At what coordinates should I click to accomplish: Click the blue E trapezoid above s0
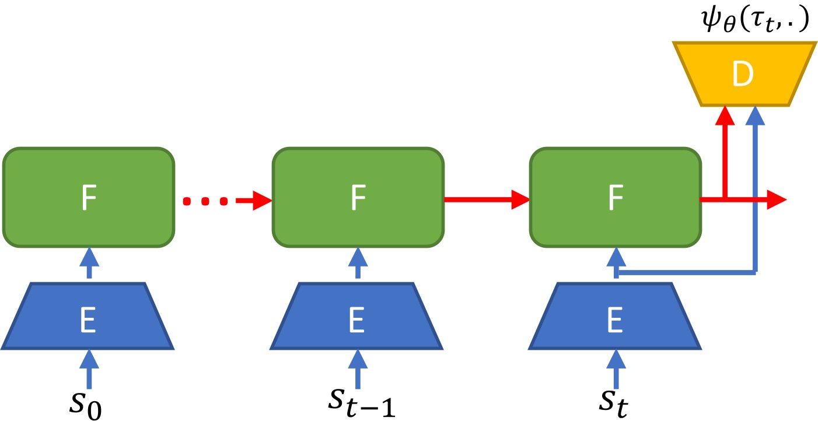[88, 317]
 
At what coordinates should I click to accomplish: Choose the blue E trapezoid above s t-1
[357, 317]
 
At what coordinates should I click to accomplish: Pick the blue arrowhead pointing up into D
[756, 117]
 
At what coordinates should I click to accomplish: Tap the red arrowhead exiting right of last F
[776, 199]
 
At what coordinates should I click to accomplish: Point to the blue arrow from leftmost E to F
[88, 264]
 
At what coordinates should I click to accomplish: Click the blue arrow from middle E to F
[357, 264]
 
